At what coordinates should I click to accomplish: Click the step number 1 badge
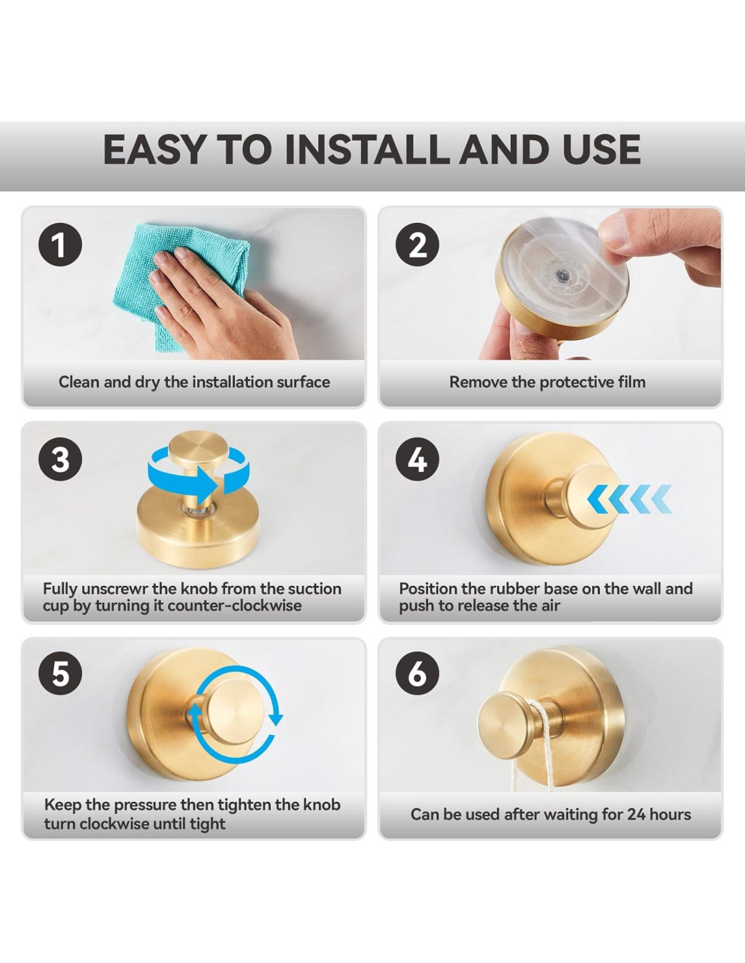[x=60, y=245]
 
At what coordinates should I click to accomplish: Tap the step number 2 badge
[x=417, y=245]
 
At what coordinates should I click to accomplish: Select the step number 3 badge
[x=60, y=460]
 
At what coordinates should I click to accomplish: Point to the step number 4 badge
[x=417, y=460]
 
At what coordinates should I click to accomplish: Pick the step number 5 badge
[x=60, y=675]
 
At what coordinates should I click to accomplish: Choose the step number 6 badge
[x=417, y=675]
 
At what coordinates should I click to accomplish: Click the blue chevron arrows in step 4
[x=629, y=499]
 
